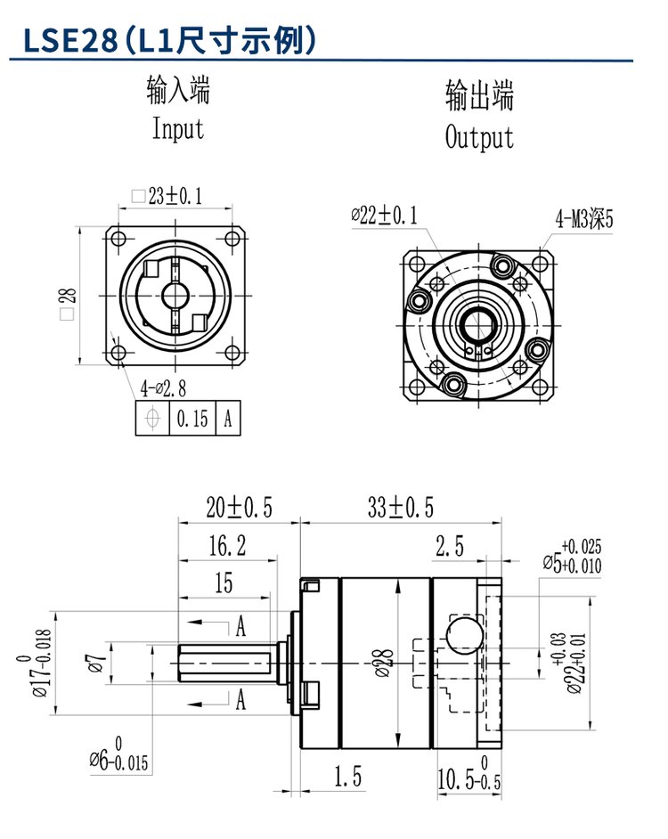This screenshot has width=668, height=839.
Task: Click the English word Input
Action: click(x=178, y=129)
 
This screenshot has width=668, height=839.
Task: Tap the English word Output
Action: click(x=479, y=138)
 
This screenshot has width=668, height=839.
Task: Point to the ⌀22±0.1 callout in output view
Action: click(x=385, y=215)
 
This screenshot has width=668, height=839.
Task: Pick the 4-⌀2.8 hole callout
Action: click(x=165, y=388)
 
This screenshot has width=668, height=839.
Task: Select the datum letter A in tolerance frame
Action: click(x=228, y=419)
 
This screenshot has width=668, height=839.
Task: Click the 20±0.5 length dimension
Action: click(x=239, y=509)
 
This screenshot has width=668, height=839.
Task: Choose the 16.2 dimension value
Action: click(x=227, y=546)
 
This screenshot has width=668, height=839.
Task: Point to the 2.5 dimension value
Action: click(x=449, y=547)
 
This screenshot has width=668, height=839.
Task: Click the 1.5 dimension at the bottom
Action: click(x=348, y=778)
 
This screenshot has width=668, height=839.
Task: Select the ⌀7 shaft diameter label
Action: click(x=97, y=664)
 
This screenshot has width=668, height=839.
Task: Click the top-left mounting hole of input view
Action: click(x=117, y=239)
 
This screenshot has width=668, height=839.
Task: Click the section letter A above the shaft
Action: click(x=240, y=626)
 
